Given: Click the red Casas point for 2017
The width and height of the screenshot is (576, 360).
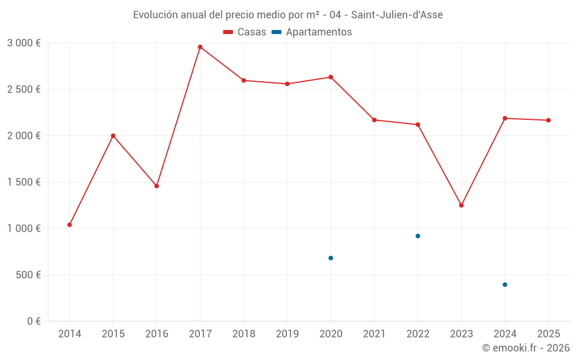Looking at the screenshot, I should coord(200,47).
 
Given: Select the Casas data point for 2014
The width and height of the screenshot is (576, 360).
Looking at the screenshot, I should coord(70,225).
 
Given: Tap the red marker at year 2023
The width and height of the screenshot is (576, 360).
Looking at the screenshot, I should coord(461,205).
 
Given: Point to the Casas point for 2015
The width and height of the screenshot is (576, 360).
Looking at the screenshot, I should coord(113,136).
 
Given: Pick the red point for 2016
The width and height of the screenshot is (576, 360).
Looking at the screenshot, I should coord(157,186).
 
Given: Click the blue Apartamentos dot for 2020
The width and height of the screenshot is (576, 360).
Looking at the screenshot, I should coord(331,258).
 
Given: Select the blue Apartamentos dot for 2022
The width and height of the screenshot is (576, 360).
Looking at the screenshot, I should coord(418,236).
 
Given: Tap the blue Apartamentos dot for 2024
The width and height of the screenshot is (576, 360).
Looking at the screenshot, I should coord(505,285).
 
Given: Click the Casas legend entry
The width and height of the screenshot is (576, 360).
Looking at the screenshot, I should coord(245,32).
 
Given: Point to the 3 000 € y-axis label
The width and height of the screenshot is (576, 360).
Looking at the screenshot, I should coord(24,43).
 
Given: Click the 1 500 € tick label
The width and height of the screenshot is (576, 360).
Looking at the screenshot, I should coord(24,182).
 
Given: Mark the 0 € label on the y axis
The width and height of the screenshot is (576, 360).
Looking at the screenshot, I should coord(33,321).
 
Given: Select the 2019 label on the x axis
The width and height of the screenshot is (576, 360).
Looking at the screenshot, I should coord(287,334).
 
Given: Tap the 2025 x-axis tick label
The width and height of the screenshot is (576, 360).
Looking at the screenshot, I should coord(548,334).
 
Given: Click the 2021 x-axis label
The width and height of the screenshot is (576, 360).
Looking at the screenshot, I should coord(374,334).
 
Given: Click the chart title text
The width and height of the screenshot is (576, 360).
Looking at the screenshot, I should coord(288,15).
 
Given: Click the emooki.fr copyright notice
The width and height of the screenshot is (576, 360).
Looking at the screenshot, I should coord(525,348).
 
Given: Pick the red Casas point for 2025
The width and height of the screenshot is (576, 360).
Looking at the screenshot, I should coord(548,120).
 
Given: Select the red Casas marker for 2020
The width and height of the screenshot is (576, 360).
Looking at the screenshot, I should coord(331,77).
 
